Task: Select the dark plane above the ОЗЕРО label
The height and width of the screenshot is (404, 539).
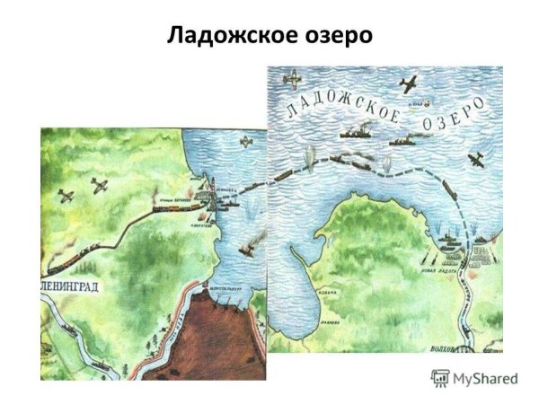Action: pyautogui.click(x=407, y=84)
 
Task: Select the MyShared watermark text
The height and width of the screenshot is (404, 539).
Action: pyautogui.click(x=485, y=378)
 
